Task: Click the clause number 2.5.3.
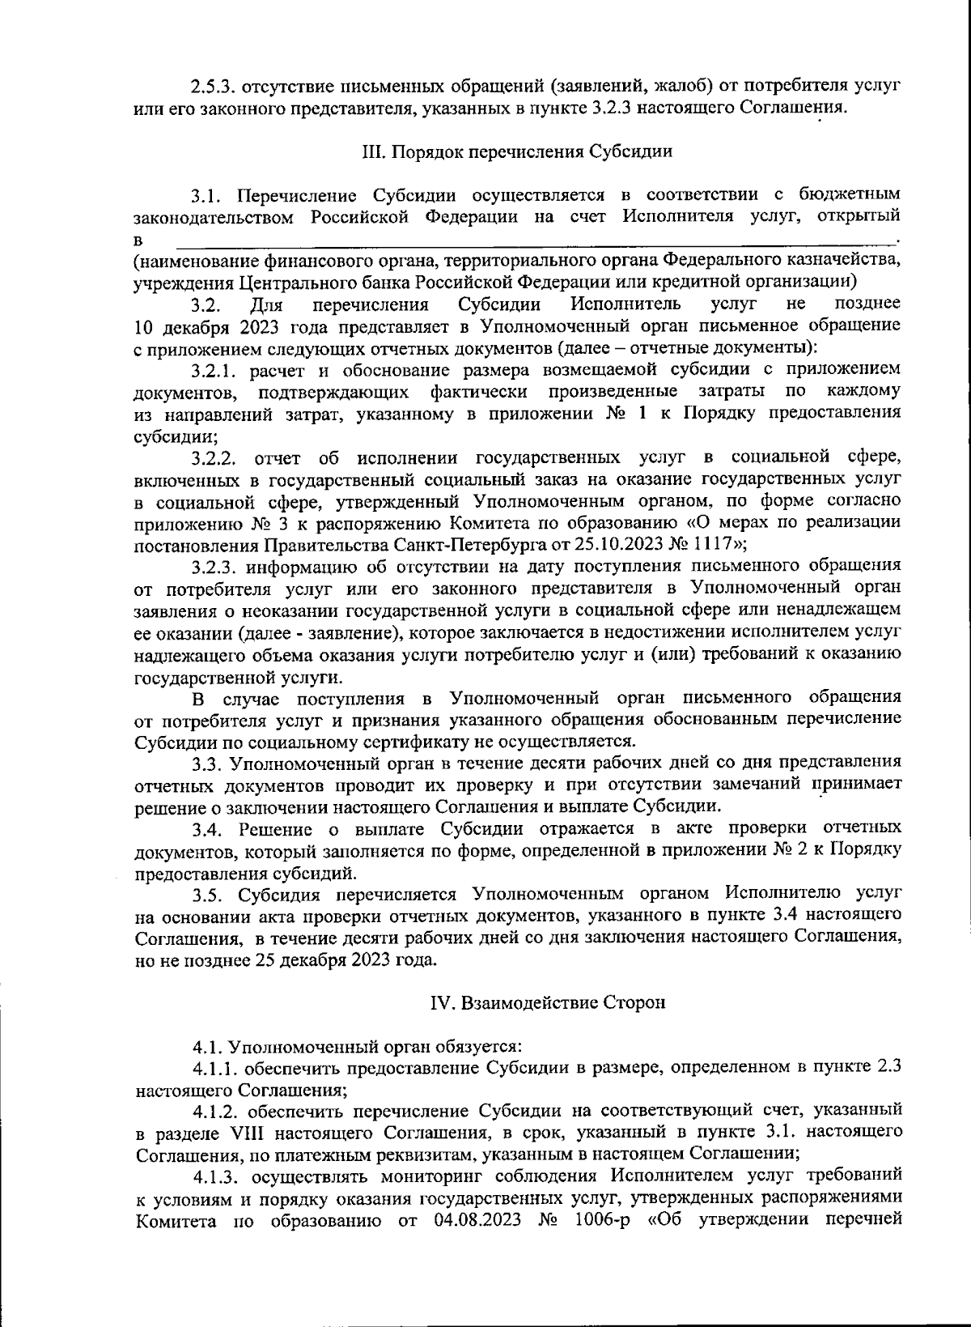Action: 213,85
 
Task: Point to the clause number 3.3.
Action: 207,763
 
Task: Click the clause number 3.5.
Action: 207,894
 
